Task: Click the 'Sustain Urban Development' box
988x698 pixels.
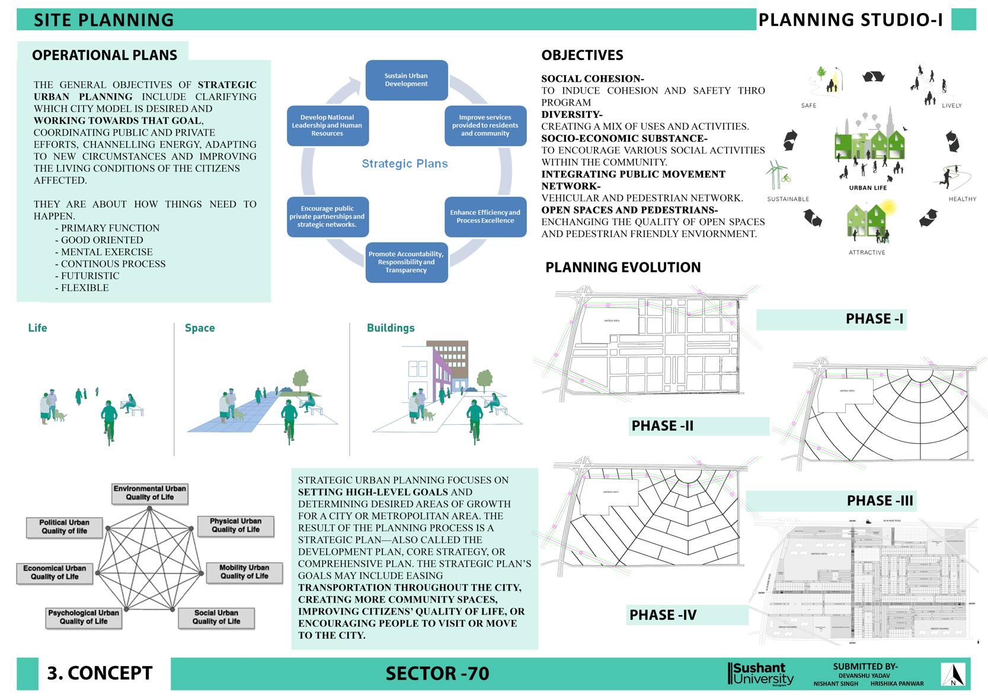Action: tap(406, 80)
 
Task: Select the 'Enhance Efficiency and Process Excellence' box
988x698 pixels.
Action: tap(485, 217)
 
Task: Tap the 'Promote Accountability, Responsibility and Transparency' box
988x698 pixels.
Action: tap(406, 262)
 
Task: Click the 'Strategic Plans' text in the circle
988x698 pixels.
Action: tap(405, 164)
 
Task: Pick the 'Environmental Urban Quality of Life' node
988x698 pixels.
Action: tap(150, 493)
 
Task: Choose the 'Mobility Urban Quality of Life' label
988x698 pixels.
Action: tap(244, 572)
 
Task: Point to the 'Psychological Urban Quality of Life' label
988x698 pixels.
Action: tap(84, 617)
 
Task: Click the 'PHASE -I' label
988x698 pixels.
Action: tap(874, 319)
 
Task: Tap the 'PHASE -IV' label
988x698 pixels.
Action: tap(663, 615)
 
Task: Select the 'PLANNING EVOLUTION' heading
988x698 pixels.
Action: tap(623, 267)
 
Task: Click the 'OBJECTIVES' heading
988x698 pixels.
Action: tap(582, 55)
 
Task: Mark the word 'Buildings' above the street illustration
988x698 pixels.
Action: tap(391, 328)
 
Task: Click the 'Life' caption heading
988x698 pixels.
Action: tap(37, 328)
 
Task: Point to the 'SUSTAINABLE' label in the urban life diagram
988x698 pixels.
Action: tap(788, 199)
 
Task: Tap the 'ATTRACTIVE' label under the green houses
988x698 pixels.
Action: tap(867, 252)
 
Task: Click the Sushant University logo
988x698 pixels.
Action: tap(760, 674)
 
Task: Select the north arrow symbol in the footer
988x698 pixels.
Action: tap(953, 674)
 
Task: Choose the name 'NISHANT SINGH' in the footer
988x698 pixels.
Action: tap(836, 684)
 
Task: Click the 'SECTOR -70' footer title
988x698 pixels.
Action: tap(437, 674)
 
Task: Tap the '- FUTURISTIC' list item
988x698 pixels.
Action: tap(87, 276)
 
